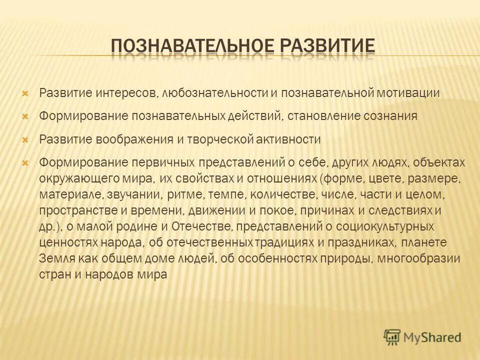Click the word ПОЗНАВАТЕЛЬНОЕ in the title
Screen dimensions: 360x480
[x=191, y=47]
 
